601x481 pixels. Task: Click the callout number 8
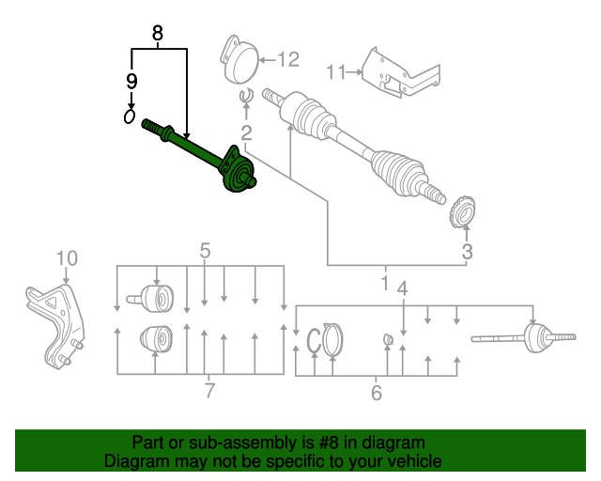158,33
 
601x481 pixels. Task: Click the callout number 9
131,82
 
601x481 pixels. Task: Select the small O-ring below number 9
130,116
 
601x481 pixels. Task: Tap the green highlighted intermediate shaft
199,156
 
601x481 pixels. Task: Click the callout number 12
288,60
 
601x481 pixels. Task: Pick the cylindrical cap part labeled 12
239,58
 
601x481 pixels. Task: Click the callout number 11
336,72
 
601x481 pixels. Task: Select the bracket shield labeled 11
401,73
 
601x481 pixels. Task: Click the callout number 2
246,132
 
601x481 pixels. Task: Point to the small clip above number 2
246,96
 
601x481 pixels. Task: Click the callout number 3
468,252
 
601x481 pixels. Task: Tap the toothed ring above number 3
462,212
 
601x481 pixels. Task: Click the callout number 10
67,258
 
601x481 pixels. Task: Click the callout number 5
205,251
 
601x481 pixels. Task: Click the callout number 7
209,391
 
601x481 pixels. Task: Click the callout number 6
377,393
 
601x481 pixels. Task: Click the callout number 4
402,288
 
